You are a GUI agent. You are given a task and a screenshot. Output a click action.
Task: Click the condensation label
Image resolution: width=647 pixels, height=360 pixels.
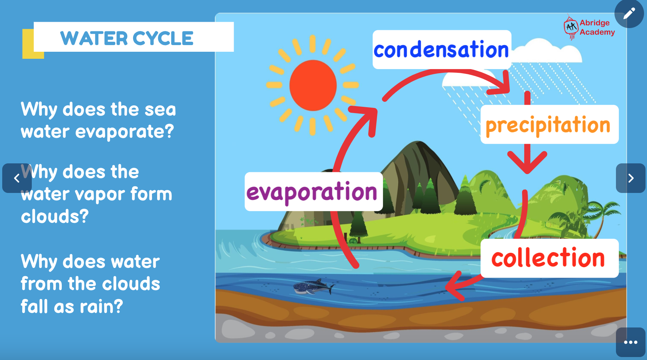click(x=441, y=50)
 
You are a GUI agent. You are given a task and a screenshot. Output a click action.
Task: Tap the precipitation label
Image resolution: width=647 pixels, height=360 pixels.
click(x=549, y=125)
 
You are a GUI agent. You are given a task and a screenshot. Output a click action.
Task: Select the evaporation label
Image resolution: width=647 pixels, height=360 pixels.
click(x=313, y=191)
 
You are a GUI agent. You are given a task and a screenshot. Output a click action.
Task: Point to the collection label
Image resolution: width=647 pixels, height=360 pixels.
click(x=549, y=258)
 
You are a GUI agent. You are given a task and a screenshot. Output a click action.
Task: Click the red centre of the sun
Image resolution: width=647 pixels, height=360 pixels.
click(x=313, y=85)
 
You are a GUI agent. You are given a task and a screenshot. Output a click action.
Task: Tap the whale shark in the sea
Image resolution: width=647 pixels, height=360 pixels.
click(x=313, y=287)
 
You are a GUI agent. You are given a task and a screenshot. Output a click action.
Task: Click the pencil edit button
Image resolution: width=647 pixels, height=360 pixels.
click(x=629, y=14)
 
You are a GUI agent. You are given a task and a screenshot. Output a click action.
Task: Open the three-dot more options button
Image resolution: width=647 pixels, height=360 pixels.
click(x=630, y=342)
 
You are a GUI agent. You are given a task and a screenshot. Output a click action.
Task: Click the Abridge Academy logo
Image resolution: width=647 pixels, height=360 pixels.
click(x=589, y=27)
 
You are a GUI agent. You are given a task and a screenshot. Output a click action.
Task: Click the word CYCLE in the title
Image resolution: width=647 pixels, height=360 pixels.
click(x=163, y=38)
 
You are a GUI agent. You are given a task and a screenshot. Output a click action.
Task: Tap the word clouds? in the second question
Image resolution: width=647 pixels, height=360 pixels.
click(x=55, y=217)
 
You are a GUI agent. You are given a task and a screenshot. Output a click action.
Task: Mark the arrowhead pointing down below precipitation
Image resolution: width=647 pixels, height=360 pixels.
click(x=527, y=163)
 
